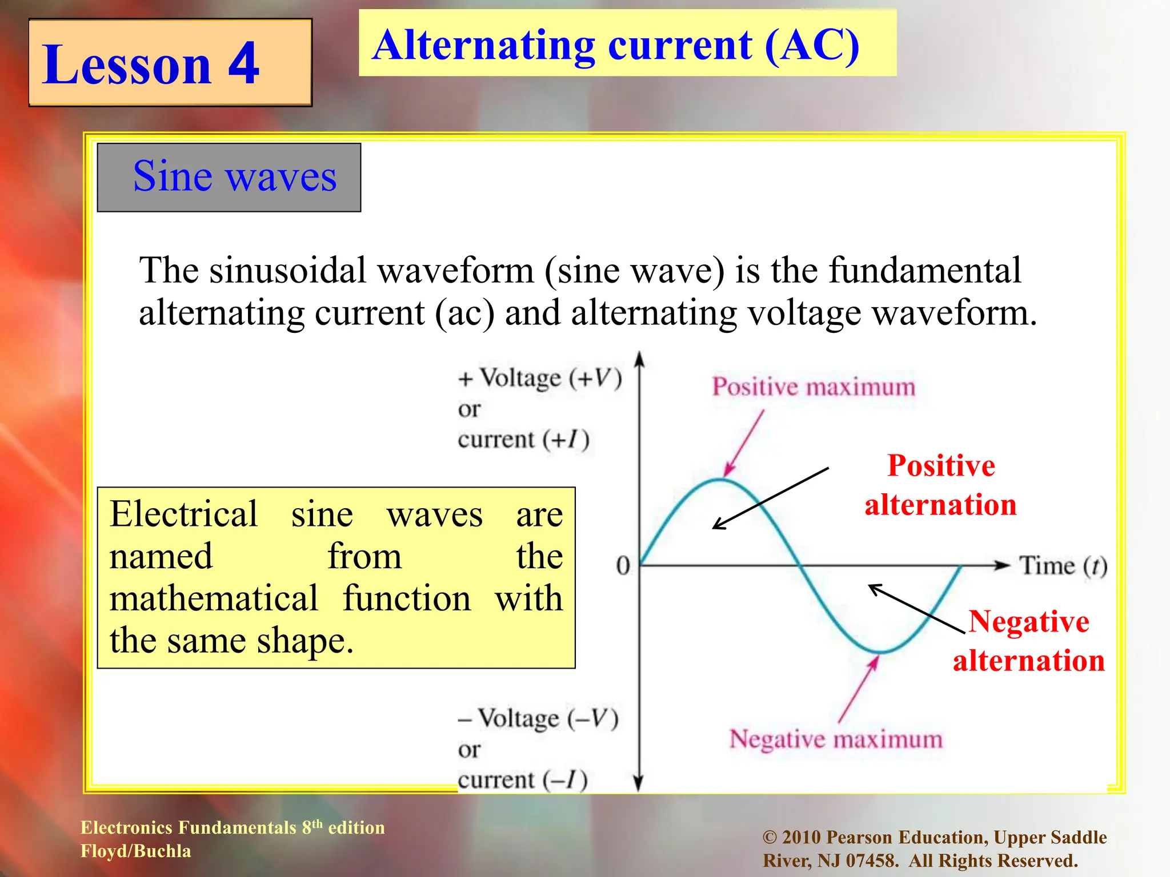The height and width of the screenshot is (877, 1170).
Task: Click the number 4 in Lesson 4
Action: click(244, 64)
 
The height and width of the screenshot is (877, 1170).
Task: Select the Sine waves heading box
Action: click(229, 177)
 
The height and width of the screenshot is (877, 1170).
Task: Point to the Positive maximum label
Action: click(814, 387)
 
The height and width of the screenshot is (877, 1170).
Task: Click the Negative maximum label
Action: click(836, 739)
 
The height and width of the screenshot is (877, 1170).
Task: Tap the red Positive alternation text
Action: click(941, 485)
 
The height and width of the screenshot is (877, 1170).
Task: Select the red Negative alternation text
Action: click(1029, 641)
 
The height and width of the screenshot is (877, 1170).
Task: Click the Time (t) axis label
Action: click(1063, 566)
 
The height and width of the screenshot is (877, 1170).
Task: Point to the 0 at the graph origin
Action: click(623, 566)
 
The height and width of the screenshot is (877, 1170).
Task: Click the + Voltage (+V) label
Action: click(540, 379)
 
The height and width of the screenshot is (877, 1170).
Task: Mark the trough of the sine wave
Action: click(881, 651)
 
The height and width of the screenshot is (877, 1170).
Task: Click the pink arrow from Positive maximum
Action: click(744, 443)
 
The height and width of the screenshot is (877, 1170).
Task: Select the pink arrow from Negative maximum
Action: click(858, 689)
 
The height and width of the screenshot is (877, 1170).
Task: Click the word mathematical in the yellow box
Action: click(214, 598)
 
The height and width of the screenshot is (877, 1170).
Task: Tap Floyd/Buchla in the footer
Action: click(136, 851)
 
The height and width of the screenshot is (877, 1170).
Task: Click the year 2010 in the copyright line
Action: click(802, 838)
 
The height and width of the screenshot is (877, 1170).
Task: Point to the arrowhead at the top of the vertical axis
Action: click(640, 359)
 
